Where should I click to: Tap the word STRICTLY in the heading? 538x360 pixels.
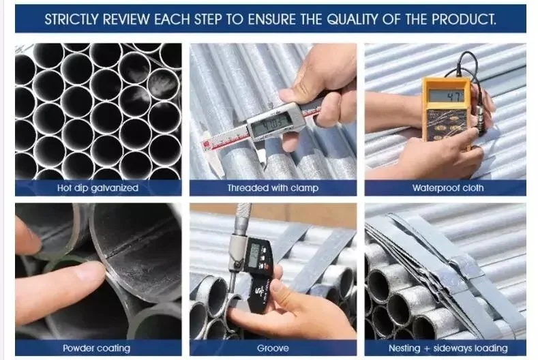pos(72,20)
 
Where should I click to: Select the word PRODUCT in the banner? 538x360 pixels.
pos(464,20)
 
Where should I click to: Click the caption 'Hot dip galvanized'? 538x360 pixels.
pos(98,188)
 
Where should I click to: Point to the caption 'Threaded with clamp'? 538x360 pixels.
pos(273,188)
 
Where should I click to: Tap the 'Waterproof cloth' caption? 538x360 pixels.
pos(448,188)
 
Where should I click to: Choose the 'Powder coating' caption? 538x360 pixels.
pos(97,348)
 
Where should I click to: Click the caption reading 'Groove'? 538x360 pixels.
pos(273,348)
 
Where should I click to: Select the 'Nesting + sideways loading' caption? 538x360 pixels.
pos(448,348)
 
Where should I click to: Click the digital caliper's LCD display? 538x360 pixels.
pos(272,121)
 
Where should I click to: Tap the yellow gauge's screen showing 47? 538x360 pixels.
pos(446,95)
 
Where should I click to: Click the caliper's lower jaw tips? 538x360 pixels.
pos(260,162)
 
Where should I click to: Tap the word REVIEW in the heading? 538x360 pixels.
pos(126,20)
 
